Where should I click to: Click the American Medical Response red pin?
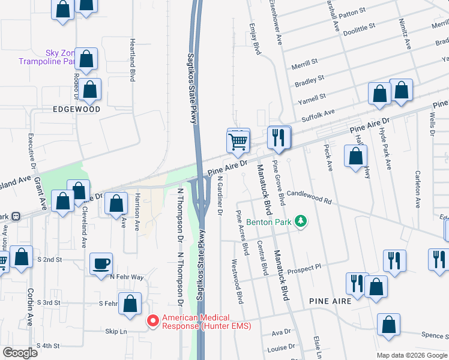coord(152,322)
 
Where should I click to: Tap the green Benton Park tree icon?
coord(301,223)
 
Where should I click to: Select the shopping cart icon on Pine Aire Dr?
coord(238,142)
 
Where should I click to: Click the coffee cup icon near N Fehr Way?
coord(101,263)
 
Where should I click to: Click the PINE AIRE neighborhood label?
coord(330,299)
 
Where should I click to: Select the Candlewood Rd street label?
coord(309,197)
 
